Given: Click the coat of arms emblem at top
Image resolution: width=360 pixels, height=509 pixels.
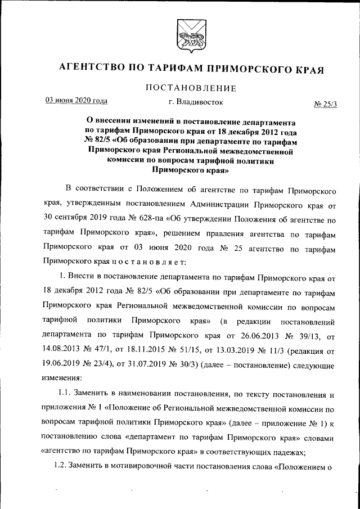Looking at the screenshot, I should point(186,34).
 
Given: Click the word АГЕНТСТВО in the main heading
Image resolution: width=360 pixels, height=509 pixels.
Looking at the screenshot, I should point(93,69).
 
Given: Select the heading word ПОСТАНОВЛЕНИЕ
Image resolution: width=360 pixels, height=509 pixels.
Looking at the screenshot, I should point(190,88).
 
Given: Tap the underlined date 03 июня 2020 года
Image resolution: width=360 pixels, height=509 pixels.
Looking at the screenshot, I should point(76,101).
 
